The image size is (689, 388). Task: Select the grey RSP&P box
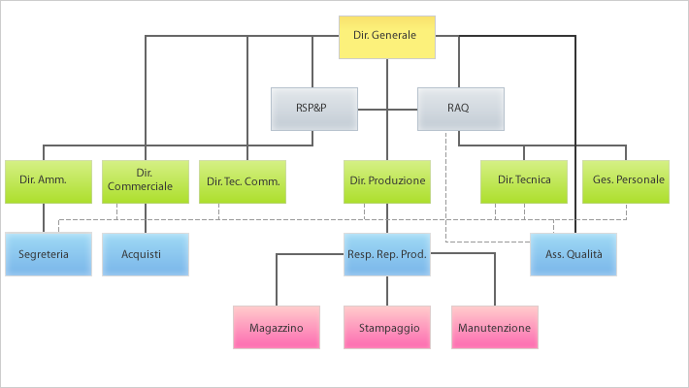313,109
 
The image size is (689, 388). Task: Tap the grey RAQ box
460,109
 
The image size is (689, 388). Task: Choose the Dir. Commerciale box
145,180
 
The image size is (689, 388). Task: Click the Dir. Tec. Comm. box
243,180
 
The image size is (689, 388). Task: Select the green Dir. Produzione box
387,180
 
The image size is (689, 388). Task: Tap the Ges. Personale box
626,180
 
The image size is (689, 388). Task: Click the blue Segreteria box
48,254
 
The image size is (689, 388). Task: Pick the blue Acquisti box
145,254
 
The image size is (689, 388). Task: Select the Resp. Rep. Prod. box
387,254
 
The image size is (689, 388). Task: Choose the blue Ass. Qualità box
574,254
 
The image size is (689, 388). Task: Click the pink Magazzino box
277,327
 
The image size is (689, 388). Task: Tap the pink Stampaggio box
387,327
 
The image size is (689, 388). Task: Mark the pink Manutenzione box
495,327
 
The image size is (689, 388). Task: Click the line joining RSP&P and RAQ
387,109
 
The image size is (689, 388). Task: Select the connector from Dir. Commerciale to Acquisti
145,217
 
